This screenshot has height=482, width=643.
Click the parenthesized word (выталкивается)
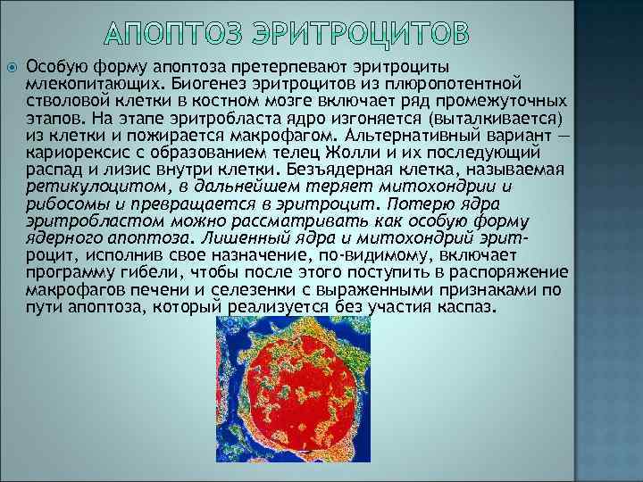click(494, 115)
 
